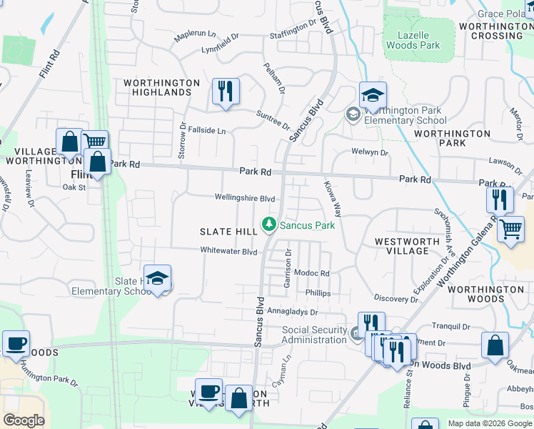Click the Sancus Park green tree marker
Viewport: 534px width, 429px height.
tap(269, 225)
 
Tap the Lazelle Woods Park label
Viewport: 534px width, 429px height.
tap(413, 39)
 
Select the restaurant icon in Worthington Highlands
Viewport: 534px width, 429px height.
tap(226, 91)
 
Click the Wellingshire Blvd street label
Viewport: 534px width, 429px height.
tap(245, 198)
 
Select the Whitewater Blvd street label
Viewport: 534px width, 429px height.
tap(228, 252)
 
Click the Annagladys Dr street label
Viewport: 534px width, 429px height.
tap(292, 312)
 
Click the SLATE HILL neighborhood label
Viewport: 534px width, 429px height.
tap(228, 232)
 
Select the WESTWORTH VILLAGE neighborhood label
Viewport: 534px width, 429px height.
tap(407, 247)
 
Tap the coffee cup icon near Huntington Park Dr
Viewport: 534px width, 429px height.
tap(16, 343)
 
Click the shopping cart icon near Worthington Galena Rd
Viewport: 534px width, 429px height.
tap(510, 230)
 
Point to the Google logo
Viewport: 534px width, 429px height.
tap(24, 420)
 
